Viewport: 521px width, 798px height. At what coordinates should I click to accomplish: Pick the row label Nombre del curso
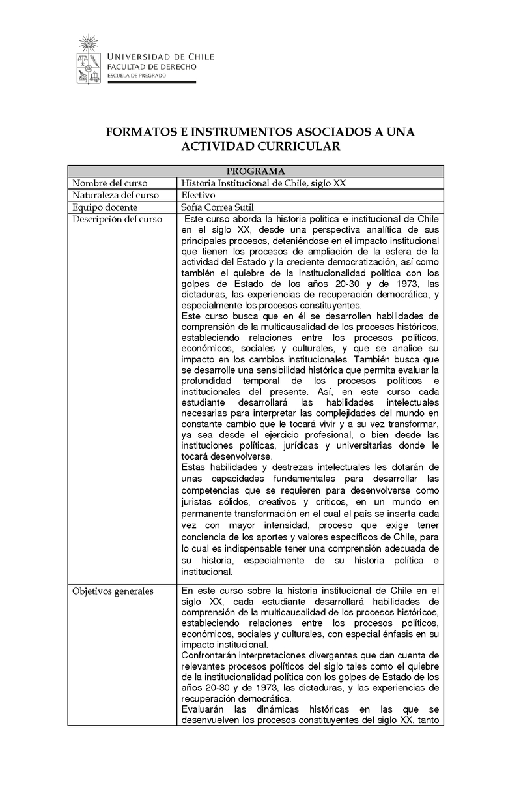point(109,183)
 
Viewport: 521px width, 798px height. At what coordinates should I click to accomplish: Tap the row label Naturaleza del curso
point(115,195)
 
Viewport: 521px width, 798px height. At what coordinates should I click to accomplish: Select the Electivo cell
point(198,195)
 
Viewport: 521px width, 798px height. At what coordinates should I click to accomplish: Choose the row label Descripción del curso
point(117,220)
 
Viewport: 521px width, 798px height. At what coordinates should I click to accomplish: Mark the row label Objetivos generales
point(113,591)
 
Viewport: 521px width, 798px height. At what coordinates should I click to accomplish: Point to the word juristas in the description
point(197,502)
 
